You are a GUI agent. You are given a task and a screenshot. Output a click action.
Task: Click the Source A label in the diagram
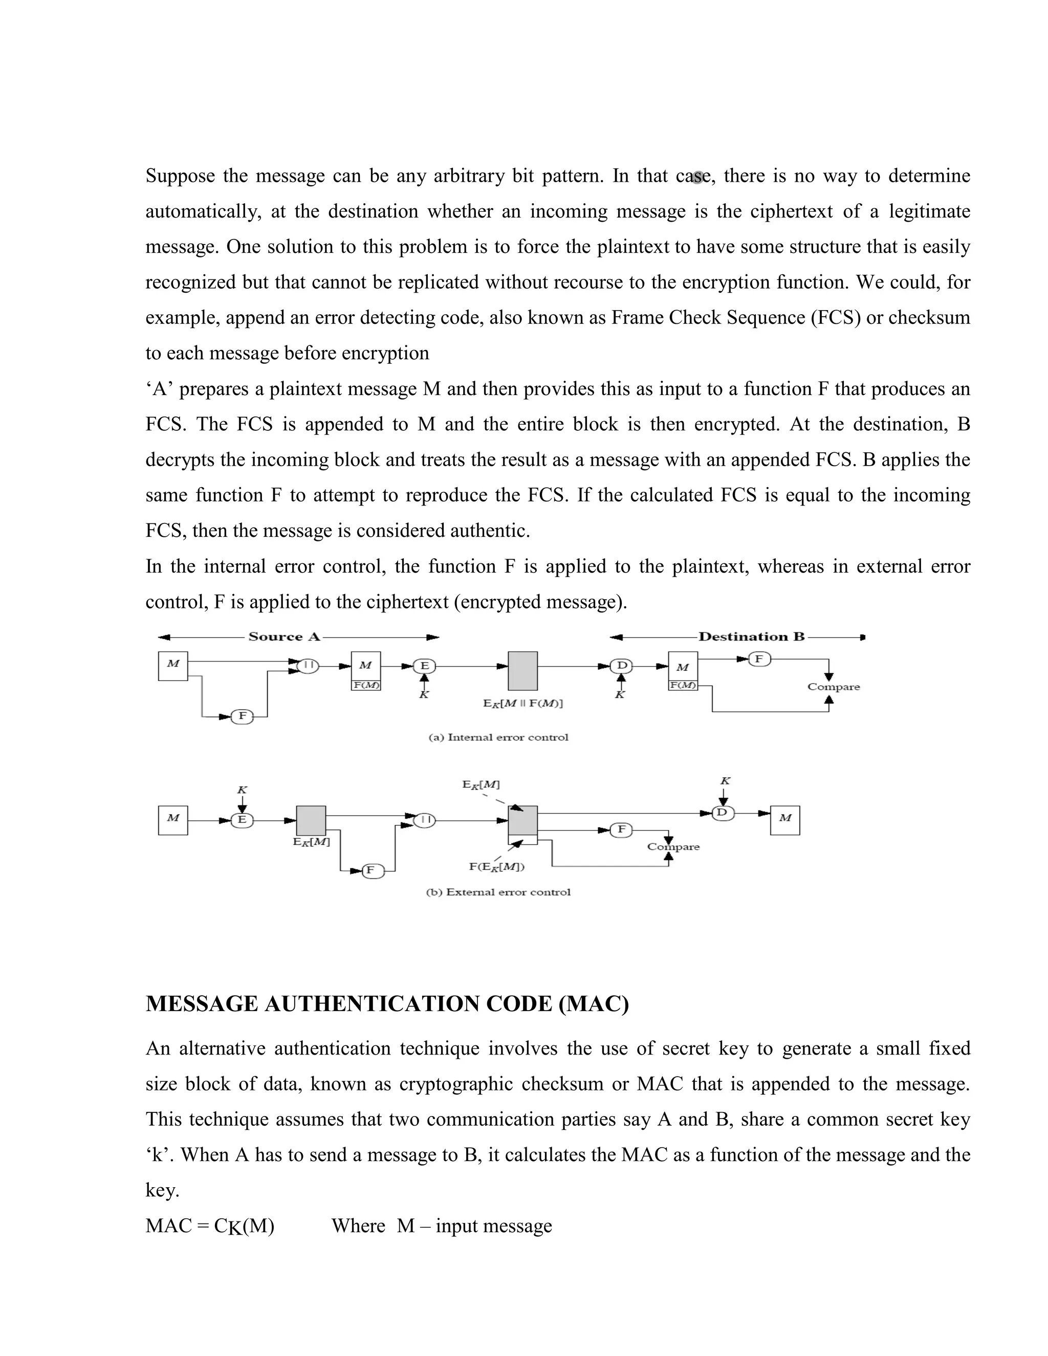pyautogui.click(x=283, y=637)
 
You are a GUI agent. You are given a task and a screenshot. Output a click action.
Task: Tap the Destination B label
pyautogui.click(x=751, y=637)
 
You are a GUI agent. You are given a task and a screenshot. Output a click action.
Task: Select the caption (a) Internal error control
pyautogui.click(x=498, y=737)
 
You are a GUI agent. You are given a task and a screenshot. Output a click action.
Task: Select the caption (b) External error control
pyautogui.click(x=498, y=892)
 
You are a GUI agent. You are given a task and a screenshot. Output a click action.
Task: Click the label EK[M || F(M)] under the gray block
pyautogui.click(x=523, y=704)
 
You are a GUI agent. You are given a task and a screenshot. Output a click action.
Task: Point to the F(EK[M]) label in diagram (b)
pyautogui.click(x=497, y=867)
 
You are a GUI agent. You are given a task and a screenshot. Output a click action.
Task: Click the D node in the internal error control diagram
pyautogui.click(x=621, y=666)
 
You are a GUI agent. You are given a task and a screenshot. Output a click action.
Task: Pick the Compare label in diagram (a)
pyautogui.click(x=833, y=687)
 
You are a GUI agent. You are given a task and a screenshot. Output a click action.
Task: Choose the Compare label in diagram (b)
pyautogui.click(x=673, y=847)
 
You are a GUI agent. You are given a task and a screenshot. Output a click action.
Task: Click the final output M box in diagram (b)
pyautogui.click(x=785, y=820)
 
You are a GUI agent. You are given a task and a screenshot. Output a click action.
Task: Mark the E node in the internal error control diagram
pyautogui.click(x=425, y=666)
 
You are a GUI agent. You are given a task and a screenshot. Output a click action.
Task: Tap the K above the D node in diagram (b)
pyautogui.click(x=725, y=781)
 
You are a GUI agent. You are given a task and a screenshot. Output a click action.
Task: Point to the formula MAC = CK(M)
pyautogui.click(x=210, y=1226)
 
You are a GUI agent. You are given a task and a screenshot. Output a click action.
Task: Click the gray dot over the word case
pyautogui.click(x=698, y=177)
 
